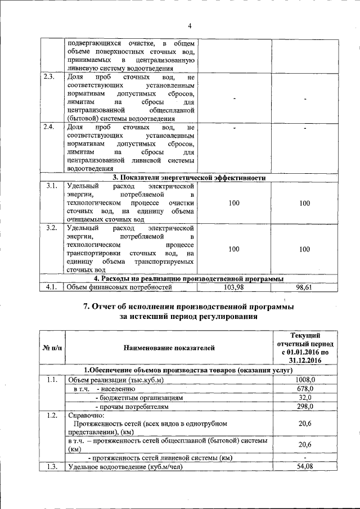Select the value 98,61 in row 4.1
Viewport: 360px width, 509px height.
[304, 287]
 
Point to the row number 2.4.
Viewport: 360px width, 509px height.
[49, 128]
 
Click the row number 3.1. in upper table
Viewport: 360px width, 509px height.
[51, 186]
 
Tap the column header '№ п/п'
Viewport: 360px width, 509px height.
[52, 349]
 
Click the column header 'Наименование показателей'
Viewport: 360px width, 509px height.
[169, 349]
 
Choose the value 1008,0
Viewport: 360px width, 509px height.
[305, 380]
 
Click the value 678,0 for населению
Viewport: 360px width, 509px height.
[305, 388]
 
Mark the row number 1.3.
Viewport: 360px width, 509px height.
[51, 466]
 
